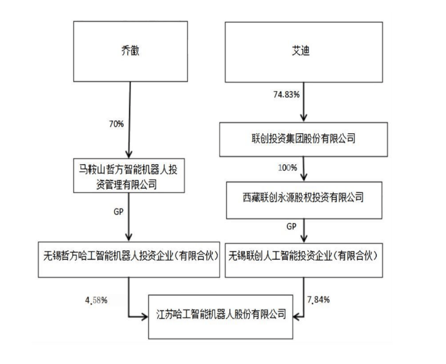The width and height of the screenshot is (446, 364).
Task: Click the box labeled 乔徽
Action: click(x=130, y=51)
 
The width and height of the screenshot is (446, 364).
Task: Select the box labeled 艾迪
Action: click(x=304, y=51)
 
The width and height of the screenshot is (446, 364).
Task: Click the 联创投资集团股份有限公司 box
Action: click(x=304, y=139)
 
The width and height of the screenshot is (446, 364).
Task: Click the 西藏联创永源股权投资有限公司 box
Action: click(x=304, y=198)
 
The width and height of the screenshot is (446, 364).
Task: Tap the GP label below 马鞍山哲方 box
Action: click(x=118, y=211)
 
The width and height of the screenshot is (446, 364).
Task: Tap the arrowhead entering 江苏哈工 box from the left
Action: click(x=145, y=317)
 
